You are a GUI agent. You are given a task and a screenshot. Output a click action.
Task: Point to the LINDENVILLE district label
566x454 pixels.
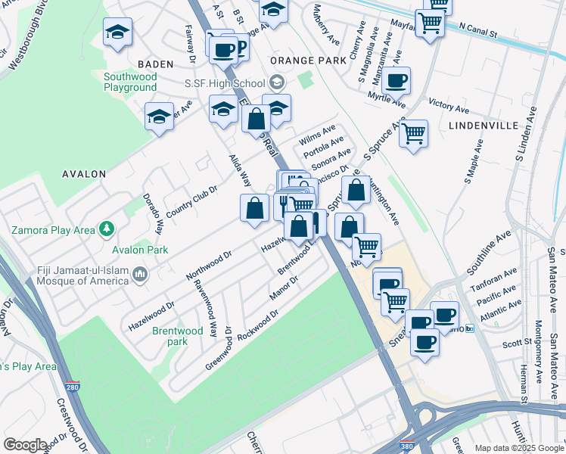[x=483, y=125]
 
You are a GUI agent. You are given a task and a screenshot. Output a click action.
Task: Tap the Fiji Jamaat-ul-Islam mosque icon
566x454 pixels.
[x=138, y=273]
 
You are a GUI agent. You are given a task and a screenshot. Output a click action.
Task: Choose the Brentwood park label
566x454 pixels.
[x=178, y=336]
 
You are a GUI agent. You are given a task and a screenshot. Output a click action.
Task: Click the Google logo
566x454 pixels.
[x=25, y=445]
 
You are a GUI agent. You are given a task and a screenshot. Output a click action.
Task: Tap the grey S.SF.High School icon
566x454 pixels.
[x=277, y=82]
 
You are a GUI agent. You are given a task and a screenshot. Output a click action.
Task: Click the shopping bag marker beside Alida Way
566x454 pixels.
[x=255, y=207]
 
